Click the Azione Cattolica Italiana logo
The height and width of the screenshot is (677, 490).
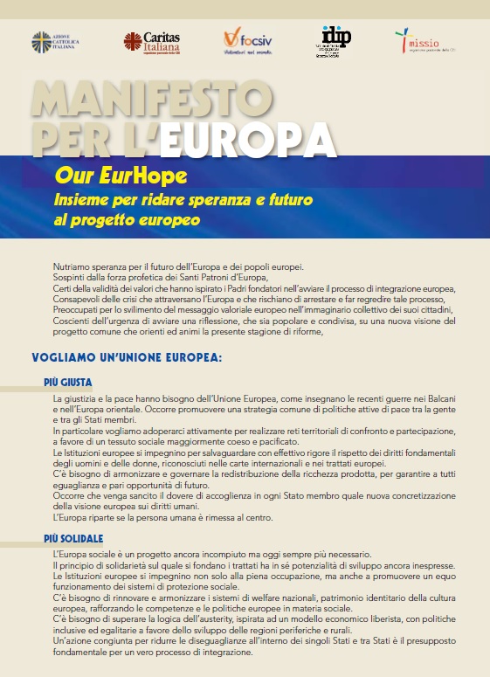(x=54, y=41)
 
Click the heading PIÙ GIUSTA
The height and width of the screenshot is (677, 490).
(x=68, y=383)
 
